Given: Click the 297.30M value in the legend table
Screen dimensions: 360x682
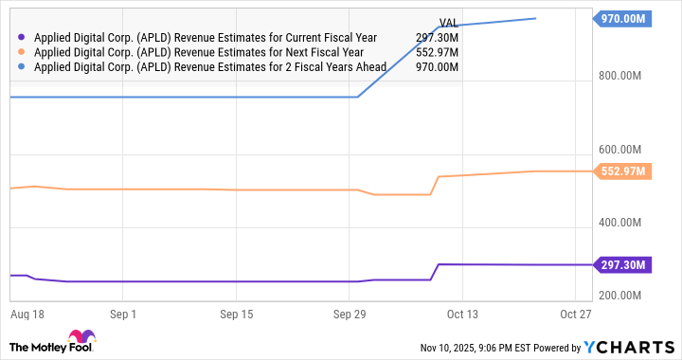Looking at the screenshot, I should click(437, 38).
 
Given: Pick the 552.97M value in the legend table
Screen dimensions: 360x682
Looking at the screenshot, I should click(437, 53).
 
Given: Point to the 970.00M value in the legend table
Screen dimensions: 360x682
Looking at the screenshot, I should click(437, 68).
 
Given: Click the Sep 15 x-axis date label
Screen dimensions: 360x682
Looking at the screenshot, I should click(237, 314).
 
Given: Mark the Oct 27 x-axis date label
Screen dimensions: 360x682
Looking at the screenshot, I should click(576, 314).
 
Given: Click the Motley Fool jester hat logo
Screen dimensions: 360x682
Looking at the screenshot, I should click(81, 338).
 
